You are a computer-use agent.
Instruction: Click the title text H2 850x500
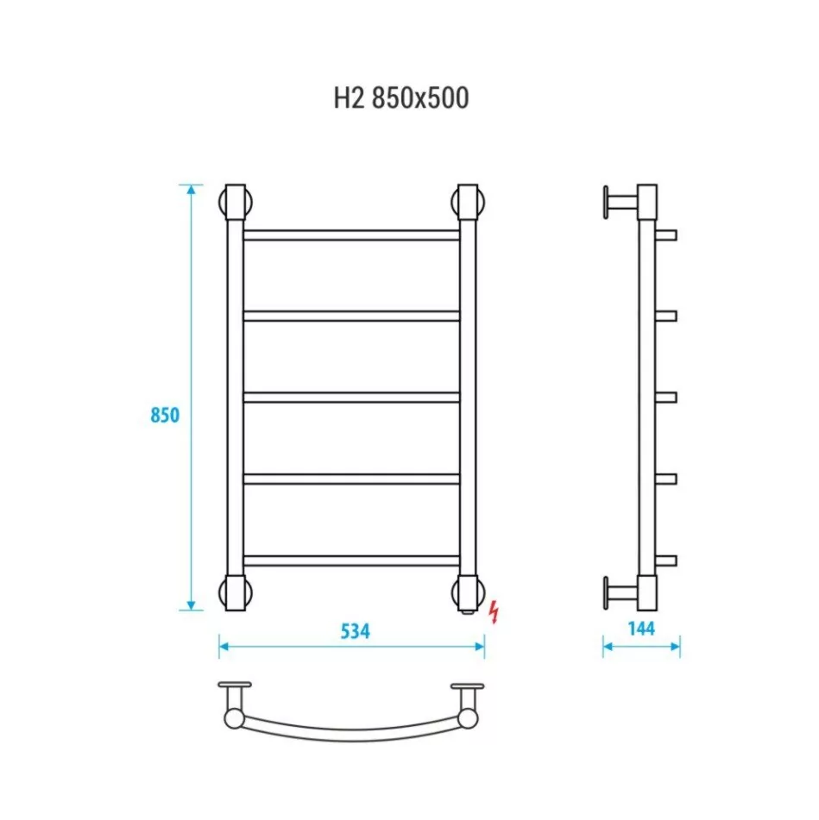401,98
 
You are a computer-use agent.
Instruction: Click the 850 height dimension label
164,415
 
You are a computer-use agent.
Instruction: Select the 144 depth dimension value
640,628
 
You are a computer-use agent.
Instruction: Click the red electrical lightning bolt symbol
494,611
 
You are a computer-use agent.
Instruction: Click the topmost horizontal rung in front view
351,235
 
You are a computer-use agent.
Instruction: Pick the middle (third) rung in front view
351,397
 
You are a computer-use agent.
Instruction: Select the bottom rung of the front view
351,560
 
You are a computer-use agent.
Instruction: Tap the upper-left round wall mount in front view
236,204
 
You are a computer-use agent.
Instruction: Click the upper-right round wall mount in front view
468,204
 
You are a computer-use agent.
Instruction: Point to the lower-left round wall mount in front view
236,592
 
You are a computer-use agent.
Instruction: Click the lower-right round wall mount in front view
468,592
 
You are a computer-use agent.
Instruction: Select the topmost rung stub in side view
667,235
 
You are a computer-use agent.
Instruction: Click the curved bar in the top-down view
351,731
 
